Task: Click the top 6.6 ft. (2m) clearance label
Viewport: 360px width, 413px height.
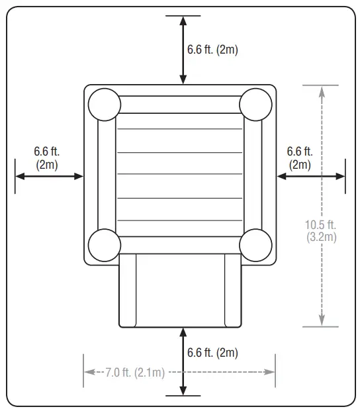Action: point(212,50)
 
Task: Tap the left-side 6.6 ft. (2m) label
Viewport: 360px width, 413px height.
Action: point(47,158)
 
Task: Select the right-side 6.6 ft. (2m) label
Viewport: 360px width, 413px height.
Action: point(299,158)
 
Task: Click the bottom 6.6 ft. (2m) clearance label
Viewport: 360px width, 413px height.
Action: point(212,352)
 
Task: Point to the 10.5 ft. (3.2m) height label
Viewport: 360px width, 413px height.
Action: point(322,231)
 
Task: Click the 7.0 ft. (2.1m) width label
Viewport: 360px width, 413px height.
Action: point(135,373)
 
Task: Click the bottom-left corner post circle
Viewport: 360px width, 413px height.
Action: point(105,245)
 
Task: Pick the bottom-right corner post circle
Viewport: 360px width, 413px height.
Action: point(255,245)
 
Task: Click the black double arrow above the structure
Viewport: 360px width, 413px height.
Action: point(183,50)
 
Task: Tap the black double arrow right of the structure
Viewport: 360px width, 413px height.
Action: point(311,176)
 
